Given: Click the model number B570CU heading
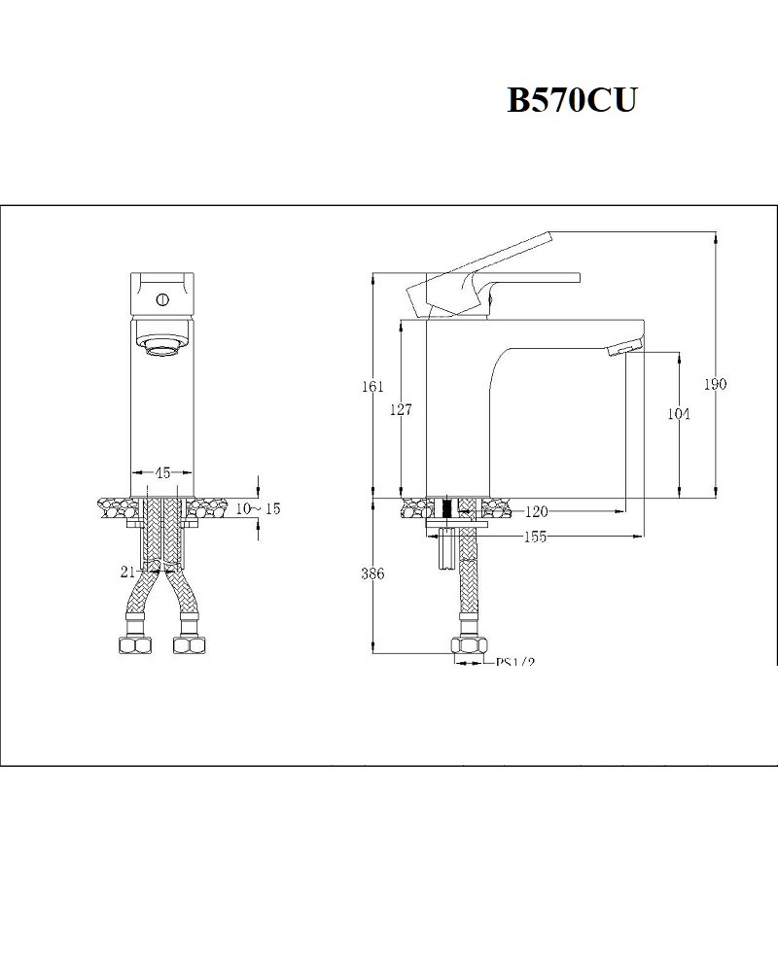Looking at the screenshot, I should pyautogui.click(x=571, y=101).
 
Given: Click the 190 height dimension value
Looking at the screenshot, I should pyautogui.click(x=715, y=384).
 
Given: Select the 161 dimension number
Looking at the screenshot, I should pyautogui.click(x=372, y=386).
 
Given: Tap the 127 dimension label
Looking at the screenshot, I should pyautogui.click(x=400, y=410).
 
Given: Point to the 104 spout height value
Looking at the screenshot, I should pyautogui.click(x=679, y=414).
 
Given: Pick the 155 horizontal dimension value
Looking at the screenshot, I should pyautogui.click(x=533, y=537).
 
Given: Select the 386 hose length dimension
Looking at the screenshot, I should pyautogui.click(x=372, y=574).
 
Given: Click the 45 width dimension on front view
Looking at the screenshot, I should pyautogui.click(x=162, y=473).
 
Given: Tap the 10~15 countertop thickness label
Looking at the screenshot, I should pyautogui.click(x=259, y=509).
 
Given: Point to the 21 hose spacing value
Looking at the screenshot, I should pyautogui.click(x=127, y=573).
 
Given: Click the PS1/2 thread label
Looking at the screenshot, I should pyautogui.click(x=515, y=663).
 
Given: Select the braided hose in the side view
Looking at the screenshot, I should pyautogui.click(x=468, y=593).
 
